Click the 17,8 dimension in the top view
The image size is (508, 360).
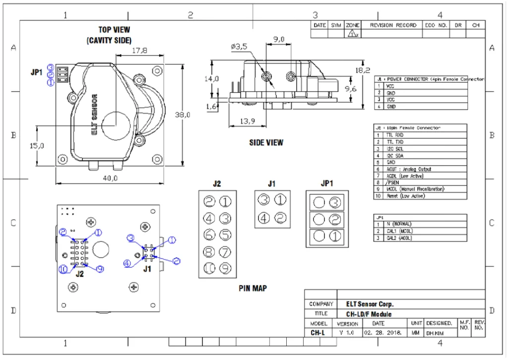(x=140, y=50)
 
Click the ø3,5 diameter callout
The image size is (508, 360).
(x=239, y=46)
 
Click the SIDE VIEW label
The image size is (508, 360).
(x=266, y=142)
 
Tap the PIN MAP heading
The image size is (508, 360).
(x=253, y=288)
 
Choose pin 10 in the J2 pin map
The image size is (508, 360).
(x=209, y=268)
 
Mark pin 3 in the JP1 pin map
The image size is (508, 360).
(x=335, y=202)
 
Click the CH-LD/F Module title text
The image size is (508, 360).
(x=369, y=314)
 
